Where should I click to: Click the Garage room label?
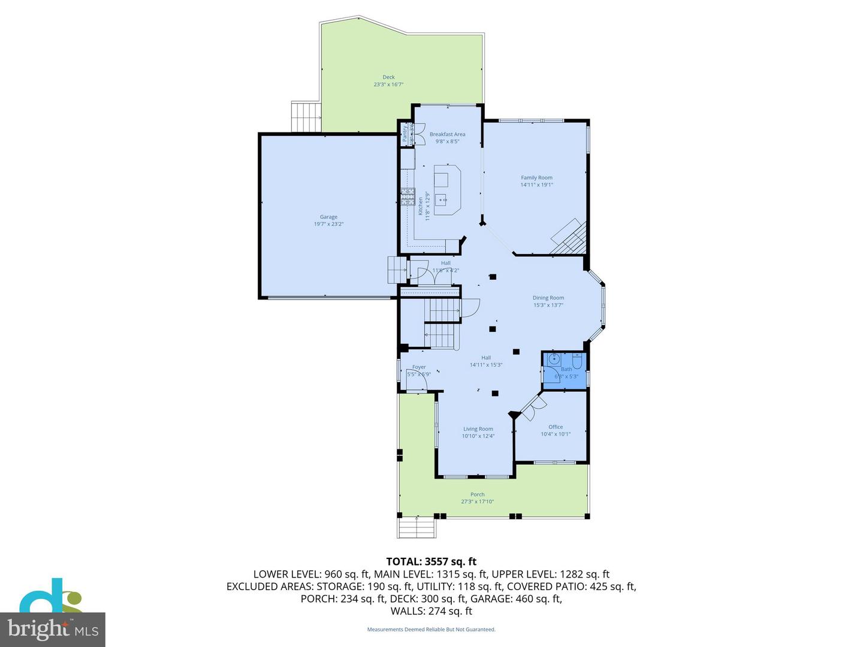point(328,217)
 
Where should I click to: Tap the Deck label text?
point(388,77)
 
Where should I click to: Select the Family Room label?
point(536,178)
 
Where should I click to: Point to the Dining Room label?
point(548,298)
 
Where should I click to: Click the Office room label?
point(556,427)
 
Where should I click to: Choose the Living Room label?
point(478,429)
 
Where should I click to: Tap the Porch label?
point(477,495)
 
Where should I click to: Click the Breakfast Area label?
point(447,134)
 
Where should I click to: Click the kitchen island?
point(446,190)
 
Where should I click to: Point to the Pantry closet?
point(406,134)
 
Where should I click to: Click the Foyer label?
point(419,367)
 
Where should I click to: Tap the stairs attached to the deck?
point(306,117)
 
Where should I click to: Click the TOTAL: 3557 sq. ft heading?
point(431,561)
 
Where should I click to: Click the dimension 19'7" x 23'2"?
point(328,224)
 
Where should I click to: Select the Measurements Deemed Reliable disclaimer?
point(431,630)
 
